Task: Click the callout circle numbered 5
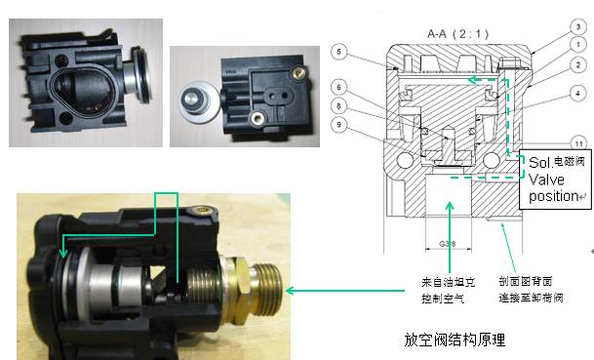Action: pos(337,50)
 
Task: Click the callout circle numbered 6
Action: pos(337,87)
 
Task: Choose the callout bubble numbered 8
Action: pos(337,105)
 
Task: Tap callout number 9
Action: pos(337,123)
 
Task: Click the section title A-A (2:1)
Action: pos(454,32)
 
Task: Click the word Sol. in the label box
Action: pos(538,162)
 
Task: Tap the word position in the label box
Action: pos(554,196)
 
